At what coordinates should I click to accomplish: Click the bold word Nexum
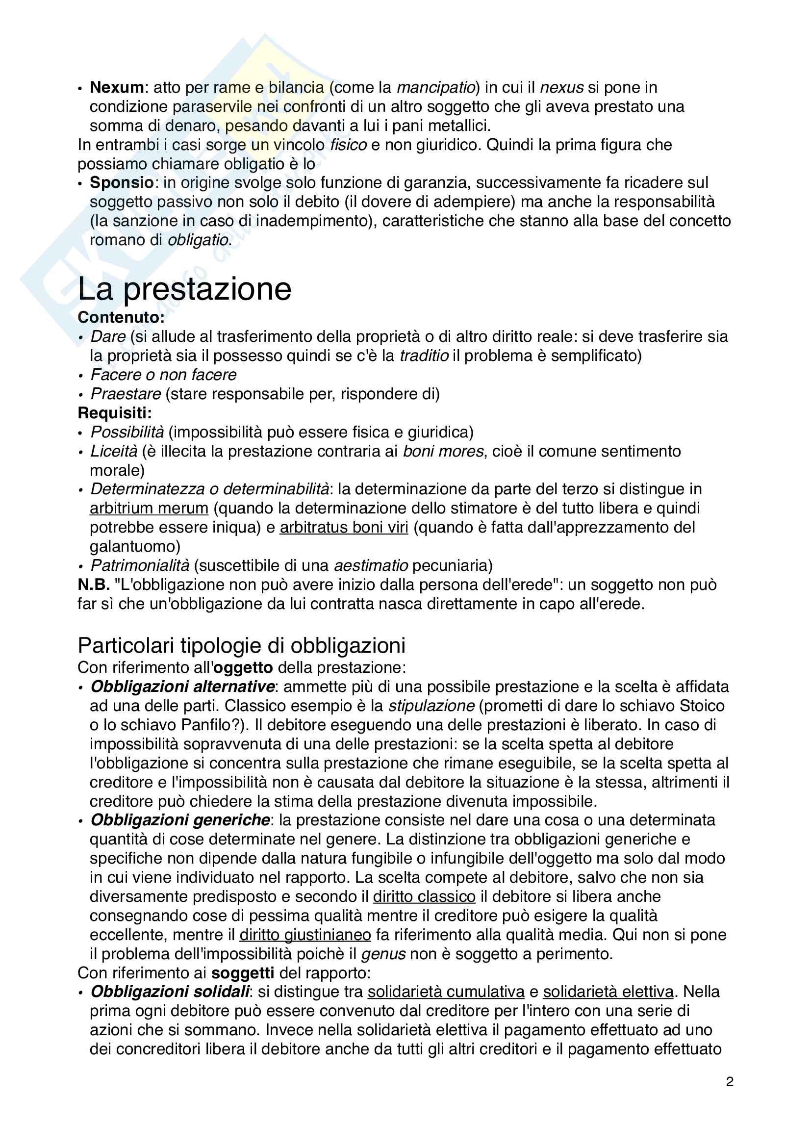[x=117, y=87]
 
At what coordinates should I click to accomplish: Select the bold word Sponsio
[x=121, y=183]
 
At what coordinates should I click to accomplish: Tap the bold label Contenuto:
[x=121, y=317]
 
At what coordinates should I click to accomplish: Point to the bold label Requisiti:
[x=114, y=413]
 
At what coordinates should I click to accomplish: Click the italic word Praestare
[x=126, y=394]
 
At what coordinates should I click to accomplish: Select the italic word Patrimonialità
[x=140, y=565]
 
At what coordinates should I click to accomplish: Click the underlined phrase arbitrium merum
[x=149, y=508]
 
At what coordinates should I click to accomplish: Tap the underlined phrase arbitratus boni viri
[x=344, y=527]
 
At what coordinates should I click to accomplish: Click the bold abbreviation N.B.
[x=93, y=585]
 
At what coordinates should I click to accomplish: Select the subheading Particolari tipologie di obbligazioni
[x=241, y=645]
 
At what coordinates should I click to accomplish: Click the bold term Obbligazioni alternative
[x=182, y=687]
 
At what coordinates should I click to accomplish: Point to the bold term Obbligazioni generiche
[x=180, y=820]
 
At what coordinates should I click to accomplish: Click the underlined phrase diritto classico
[x=424, y=896]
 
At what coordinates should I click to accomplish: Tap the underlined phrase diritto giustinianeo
[x=305, y=934]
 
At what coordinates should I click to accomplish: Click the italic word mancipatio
[x=435, y=87]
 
